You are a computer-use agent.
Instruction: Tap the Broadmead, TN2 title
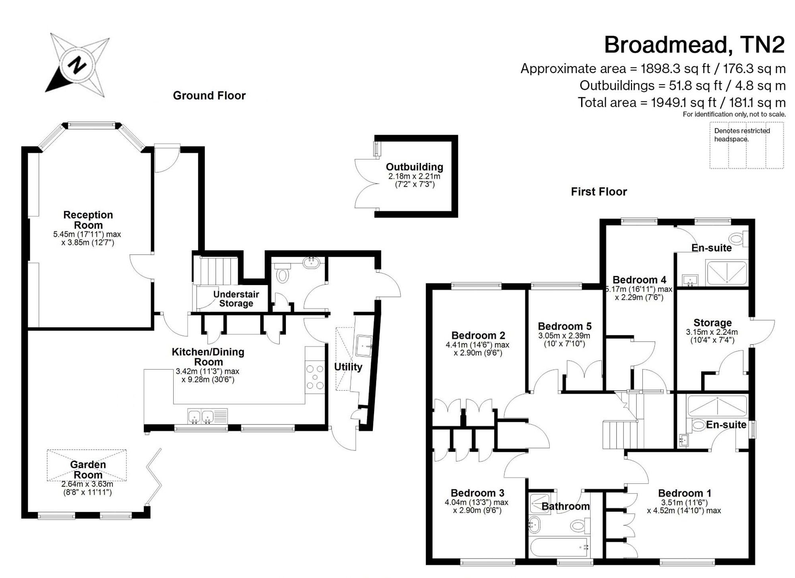tap(694, 45)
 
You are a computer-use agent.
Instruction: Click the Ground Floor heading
tap(209, 95)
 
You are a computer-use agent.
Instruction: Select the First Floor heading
tap(599, 192)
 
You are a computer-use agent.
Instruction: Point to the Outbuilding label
tap(414, 167)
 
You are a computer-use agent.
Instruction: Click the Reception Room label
tap(88, 220)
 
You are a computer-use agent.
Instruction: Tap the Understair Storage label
tap(236, 299)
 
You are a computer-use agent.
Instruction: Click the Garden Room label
tap(88, 469)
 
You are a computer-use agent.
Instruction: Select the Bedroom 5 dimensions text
tap(564, 339)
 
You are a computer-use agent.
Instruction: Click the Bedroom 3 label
tap(477, 493)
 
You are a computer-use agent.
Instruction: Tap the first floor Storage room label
tap(712, 323)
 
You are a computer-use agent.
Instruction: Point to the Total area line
tap(682, 103)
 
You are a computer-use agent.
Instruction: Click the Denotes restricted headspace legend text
tap(742, 135)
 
